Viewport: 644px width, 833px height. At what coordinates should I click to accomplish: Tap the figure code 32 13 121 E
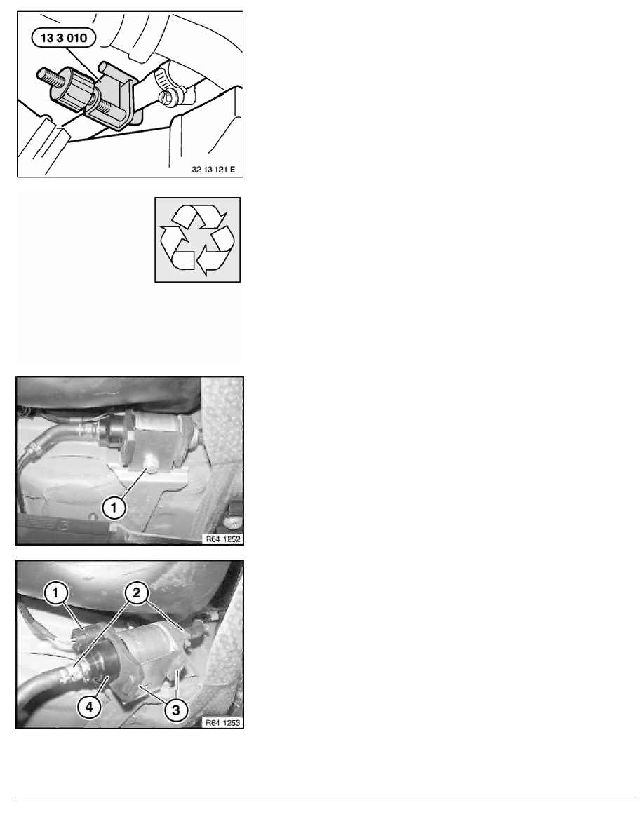point(213,170)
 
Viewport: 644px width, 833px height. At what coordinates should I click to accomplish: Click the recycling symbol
point(197,240)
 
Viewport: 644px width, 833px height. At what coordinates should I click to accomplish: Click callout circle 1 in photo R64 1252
point(113,508)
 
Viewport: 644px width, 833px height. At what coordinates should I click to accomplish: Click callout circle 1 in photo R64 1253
point(55,592)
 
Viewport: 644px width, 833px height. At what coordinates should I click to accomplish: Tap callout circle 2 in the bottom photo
point(137,592)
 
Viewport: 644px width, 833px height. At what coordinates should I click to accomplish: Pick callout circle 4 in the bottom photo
point(89,707)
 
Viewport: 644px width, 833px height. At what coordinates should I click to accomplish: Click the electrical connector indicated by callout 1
point(81,635)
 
